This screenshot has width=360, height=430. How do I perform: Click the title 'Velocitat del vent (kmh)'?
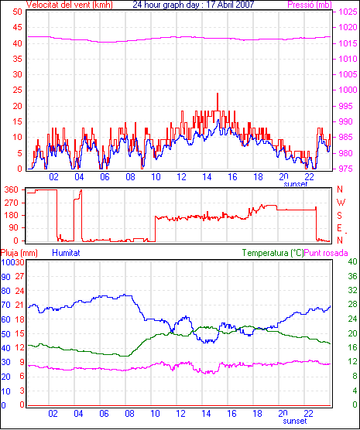(70, 5)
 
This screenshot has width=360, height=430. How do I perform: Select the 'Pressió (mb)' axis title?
(310, 5)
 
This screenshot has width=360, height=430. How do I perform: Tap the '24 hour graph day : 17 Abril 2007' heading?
(194, 5)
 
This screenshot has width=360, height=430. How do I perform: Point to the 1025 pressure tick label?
(348, 12)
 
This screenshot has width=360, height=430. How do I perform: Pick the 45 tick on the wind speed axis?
(17, 27)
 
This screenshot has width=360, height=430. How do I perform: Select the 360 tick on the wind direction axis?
(12, 189)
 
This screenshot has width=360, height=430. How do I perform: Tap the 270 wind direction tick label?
(12, 203)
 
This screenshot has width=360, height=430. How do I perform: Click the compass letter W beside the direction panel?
(341, 203)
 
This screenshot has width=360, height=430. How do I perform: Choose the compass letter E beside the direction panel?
(339, 228)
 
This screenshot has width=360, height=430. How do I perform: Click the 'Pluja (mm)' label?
(19, 253)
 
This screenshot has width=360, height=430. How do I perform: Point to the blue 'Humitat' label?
(66, 253)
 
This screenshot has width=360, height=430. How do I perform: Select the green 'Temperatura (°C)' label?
(273, 253)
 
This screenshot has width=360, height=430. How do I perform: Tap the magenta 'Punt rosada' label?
(326, 253)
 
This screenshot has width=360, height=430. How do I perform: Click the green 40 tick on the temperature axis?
(353, 261)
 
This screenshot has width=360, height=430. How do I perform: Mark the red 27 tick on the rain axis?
(20, 276)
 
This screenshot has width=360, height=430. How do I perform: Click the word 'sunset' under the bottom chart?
(295, 421)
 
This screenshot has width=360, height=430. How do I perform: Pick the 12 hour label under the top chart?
(181, 177)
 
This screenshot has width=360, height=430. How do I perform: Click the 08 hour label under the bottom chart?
(129, 413)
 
